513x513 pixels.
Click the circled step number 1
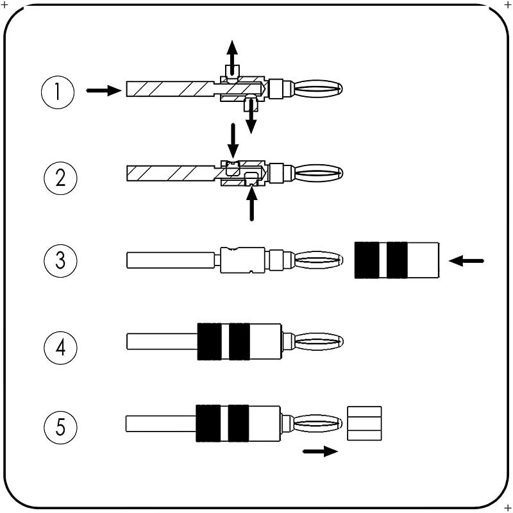tap(58, 92)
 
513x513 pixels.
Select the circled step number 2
tap(60, 176)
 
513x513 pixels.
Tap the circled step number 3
tap(60, 261)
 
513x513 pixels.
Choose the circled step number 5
tap(60, 426)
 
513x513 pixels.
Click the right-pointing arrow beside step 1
tap(103, 91)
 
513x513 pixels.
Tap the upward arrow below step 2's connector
tap(252, 205)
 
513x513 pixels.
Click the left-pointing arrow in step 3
tap(467, 261)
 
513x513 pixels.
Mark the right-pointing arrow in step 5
tap(319, 451)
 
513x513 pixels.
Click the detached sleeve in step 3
tap(397, 260)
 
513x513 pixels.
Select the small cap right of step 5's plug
tap(364, 423)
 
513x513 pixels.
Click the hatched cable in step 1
tap(168, 88)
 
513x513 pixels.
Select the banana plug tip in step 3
tap(319, 260)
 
